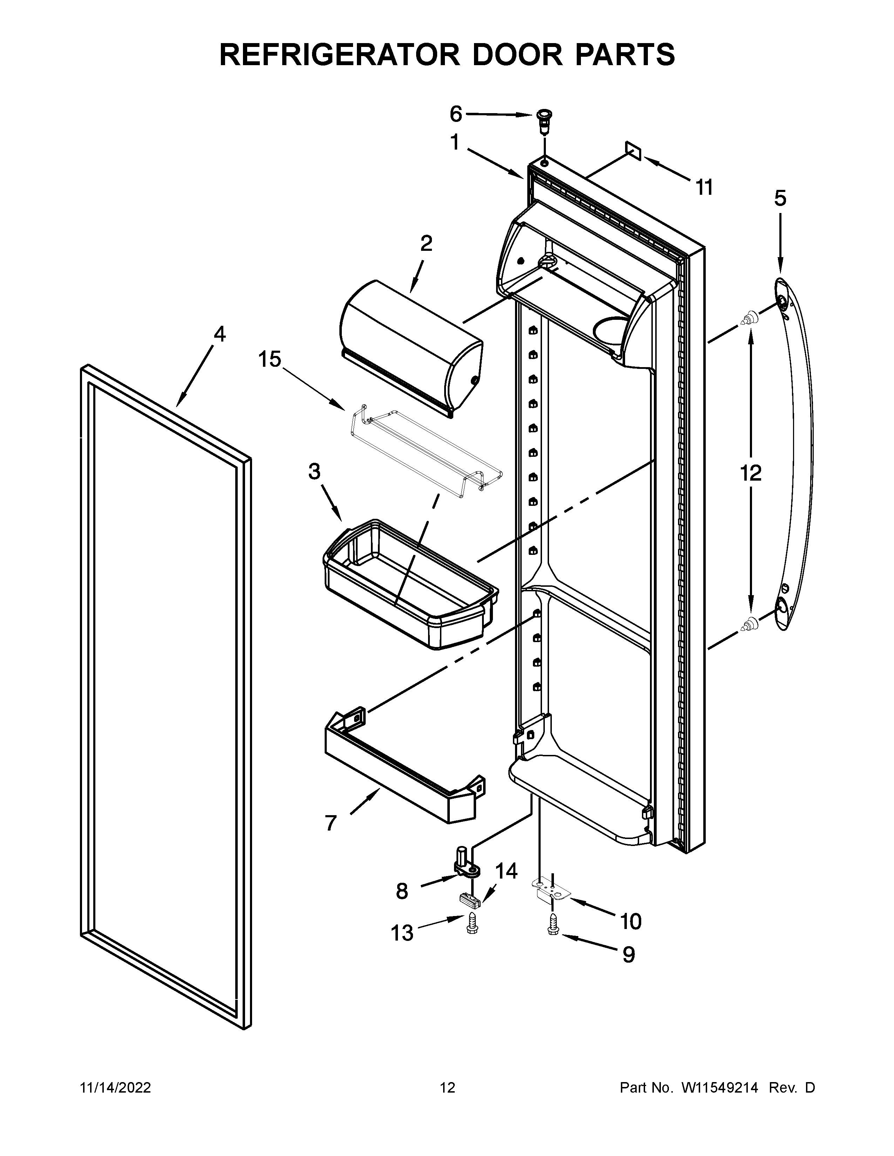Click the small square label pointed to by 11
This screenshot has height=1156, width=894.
(x=633, y=150)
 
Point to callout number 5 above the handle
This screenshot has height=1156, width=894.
(x=780, y=199)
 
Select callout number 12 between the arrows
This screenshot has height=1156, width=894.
(x=751, y=473)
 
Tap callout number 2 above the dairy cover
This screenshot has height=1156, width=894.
(x=426, y=243)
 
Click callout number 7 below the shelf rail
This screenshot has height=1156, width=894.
(x=331, y=823)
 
